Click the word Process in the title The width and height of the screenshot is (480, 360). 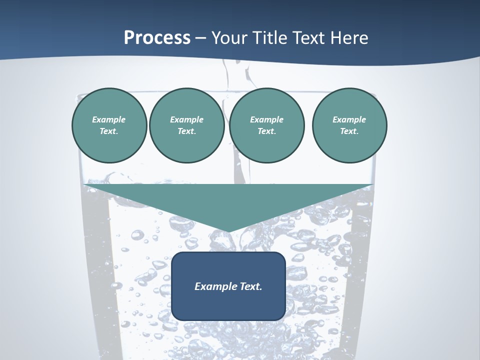(x=157, y=38)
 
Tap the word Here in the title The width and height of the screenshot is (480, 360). (x=349, y=38)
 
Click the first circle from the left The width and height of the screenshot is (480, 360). (x=109, y=125)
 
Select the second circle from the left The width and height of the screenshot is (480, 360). (x=187, y=125)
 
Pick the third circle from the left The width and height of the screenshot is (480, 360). (x=266, y=125)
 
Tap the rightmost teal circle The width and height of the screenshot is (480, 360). (x=349, y=125)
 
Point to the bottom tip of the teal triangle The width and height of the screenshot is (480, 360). (x=228, y=231)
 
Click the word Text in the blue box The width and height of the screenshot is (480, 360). (x=250, y=286)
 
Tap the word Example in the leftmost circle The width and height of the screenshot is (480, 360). (x=109, y=119)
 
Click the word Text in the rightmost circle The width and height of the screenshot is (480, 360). (x=349, y=131)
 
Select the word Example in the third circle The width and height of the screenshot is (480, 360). (x=266, y=119)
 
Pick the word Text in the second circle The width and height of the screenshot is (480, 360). (x=186, y=131)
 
